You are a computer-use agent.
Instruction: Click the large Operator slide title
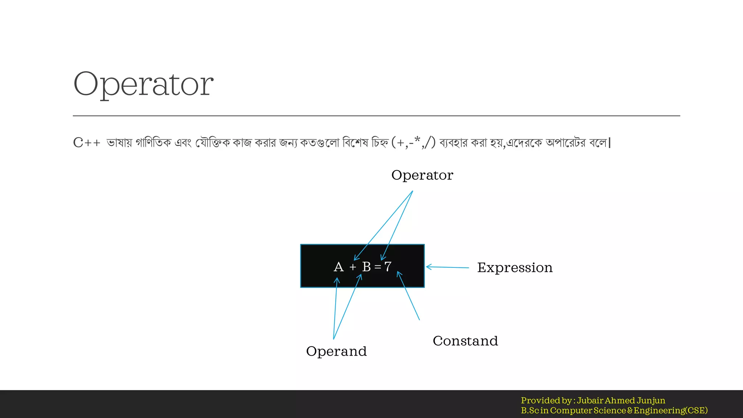(143, 84)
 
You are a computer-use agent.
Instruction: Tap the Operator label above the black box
(422, 175)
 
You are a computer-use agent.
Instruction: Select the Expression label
(515, 268)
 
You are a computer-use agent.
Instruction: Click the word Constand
(465, 341)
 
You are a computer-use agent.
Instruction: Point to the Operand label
(336, 351)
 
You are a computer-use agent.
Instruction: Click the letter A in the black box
(338, 267)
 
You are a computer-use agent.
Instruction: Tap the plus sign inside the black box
(353, 267)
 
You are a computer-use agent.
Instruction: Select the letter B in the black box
(366, 267)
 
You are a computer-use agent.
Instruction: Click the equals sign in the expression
(378, 267)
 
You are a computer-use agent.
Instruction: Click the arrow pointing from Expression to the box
(447, 267)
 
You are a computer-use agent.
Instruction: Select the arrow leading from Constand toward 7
(409, 296)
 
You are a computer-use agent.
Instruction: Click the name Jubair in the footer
(590, 401)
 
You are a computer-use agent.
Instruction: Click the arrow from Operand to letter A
(335, 308)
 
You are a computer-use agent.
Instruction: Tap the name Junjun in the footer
(651, 401)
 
